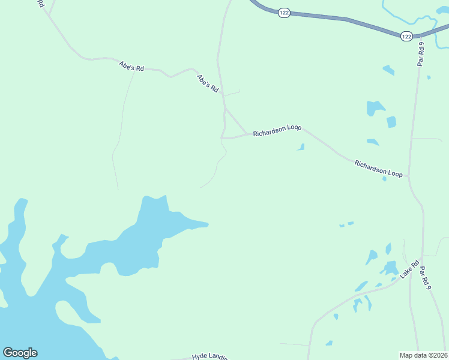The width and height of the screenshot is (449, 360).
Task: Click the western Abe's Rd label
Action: tap(131, 66)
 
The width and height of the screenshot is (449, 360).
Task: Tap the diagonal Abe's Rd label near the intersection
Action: tap(207, 82)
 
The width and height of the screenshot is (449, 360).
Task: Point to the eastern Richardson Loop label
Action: tap(378, 167)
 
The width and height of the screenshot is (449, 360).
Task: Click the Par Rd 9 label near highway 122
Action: tap(422, 55)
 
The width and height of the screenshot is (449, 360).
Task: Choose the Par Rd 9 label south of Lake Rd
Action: tap(426, 278)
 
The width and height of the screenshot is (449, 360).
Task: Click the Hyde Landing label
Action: tap(209, 356)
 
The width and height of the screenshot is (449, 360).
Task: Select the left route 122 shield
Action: tap(285, 13)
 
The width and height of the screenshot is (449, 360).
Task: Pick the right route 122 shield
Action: tap(406, 36)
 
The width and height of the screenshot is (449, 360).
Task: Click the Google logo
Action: tap(20, 353)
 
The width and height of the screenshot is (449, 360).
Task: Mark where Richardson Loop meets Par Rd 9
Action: tap(409, 176)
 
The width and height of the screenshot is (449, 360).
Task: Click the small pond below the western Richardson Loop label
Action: tap(301, 147)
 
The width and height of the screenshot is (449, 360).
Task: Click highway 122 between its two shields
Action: tap(345, 20)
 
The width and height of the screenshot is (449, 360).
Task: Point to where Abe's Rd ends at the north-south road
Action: tap(222, 94)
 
